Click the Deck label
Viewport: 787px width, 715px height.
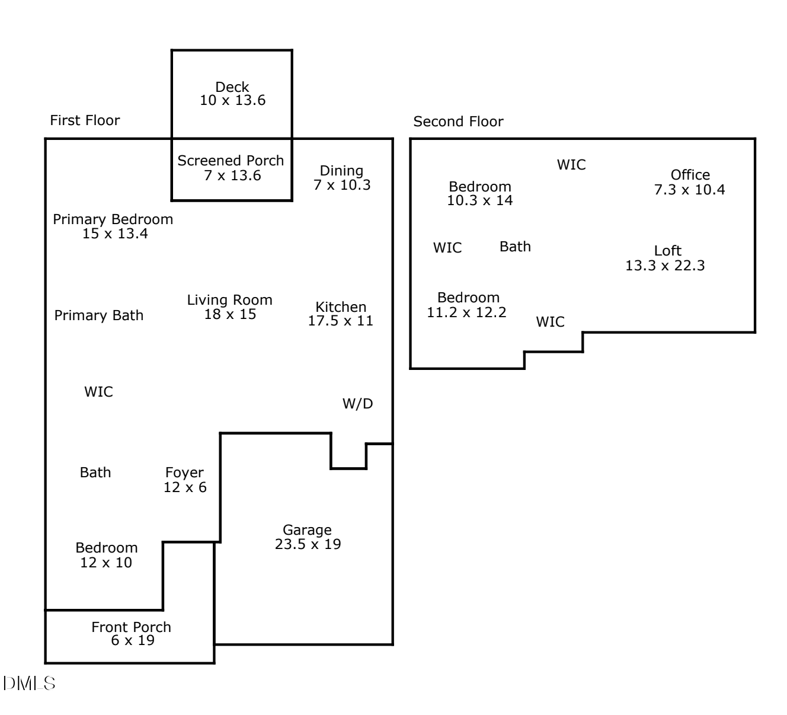coord(232,87)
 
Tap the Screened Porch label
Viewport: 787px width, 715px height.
coord(231,161)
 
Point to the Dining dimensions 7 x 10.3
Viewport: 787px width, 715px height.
coord(342,185)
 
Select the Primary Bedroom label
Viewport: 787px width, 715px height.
coord(113,219)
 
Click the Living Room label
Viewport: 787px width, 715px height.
coord(230,300)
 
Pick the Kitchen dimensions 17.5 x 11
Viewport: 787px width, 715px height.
coord(340,321)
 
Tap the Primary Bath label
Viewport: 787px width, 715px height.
coord(99,315)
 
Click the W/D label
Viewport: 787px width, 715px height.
coord(358,404)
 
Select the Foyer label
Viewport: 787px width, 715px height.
coord(184,473)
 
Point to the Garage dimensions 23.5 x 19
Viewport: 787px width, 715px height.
coord(308,544)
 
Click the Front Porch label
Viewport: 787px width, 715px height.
coord(131,627)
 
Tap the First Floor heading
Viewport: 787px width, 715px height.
coord(85,120)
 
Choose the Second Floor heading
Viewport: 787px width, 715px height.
coord(458,122)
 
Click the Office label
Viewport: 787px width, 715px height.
coord(690,175)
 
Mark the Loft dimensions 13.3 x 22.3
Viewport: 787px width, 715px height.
coord(665,266)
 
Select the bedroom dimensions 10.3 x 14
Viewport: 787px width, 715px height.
coord(479,200)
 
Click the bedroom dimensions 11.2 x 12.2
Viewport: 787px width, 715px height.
coord(466,312)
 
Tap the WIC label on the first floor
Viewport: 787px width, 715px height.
coord(98,392)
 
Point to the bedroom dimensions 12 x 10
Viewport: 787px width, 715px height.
coord(106,563)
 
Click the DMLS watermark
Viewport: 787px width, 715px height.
coord(29,683)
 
